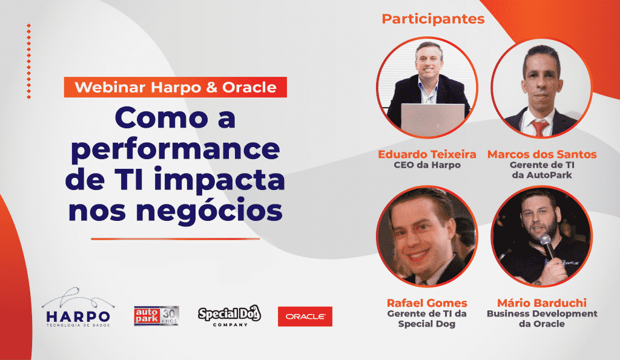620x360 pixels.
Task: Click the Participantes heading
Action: coord(433,19)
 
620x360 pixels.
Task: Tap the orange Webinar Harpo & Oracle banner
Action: coord(175,87)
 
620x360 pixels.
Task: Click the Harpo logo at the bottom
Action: coord(78,307)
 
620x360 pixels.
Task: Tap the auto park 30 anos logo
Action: coord(157,316)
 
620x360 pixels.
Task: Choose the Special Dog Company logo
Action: coord(229,316)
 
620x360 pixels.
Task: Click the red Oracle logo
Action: coord(305,316)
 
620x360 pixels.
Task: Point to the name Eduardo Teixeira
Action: coord(427,154)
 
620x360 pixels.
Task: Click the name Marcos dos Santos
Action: coord(542,154)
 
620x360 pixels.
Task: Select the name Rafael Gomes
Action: coord(427,303)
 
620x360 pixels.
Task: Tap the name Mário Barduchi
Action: coord(542,303)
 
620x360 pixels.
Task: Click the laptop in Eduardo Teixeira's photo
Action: coord(432,119)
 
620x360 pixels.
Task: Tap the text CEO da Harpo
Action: coord(427,165)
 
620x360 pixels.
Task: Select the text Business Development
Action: coord(542,313)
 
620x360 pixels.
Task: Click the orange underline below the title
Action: coord(175,238)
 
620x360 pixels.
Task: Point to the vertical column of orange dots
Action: coord(29,61)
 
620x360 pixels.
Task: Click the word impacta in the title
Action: coord(224,180)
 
